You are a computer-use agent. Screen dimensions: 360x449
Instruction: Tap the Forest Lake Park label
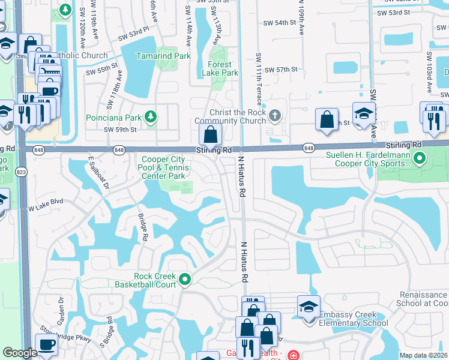[223, 68]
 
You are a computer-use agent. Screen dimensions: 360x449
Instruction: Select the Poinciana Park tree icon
[152, 116]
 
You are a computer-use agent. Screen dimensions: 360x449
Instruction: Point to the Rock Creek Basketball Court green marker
[185, 279]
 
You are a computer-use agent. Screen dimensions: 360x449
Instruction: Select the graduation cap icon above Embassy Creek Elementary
[309, 305]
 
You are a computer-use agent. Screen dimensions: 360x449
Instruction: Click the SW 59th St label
[120, 130]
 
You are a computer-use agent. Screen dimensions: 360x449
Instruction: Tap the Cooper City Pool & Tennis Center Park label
[163, 168]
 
